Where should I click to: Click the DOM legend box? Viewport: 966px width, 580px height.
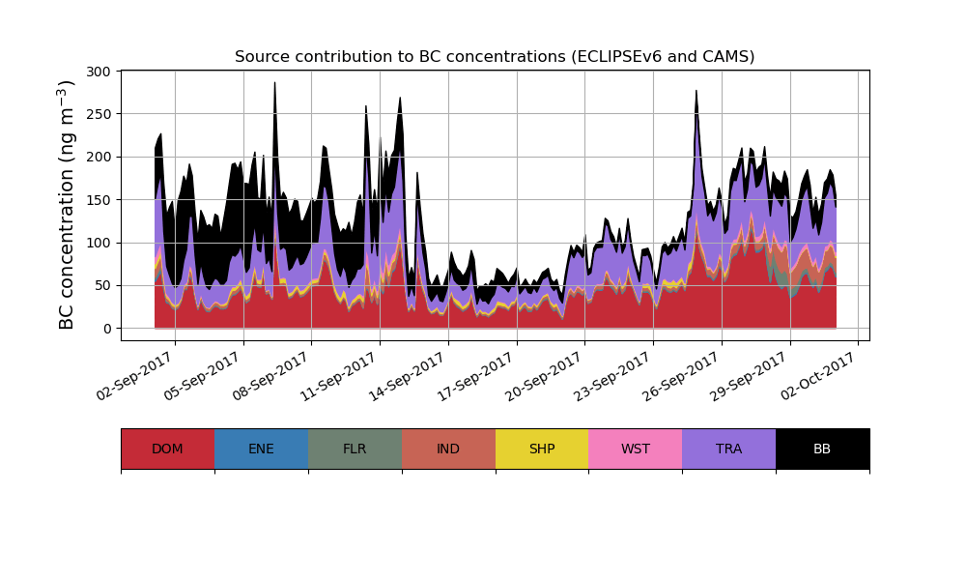[x=167, y=449]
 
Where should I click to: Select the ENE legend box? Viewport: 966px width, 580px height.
[x=261, y=449]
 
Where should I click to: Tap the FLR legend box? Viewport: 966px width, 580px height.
[x=355, y=449]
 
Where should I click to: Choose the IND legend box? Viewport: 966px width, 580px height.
[x=448, y=449]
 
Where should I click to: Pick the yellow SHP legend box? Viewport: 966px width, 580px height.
[x=542, y=449]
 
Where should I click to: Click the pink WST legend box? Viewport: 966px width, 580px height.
[x=636, y=449]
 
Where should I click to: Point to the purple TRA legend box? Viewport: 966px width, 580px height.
[x=729, y=449]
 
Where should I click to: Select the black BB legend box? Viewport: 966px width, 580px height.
[x=822, y=449]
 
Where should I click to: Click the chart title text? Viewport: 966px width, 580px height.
[x=495, y=57]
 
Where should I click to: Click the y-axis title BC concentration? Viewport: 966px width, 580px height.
[x=67, y=205]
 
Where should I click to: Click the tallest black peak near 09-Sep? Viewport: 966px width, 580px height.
[x=274, y=85]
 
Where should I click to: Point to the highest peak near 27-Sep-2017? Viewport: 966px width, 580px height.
[x=696, y=93]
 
